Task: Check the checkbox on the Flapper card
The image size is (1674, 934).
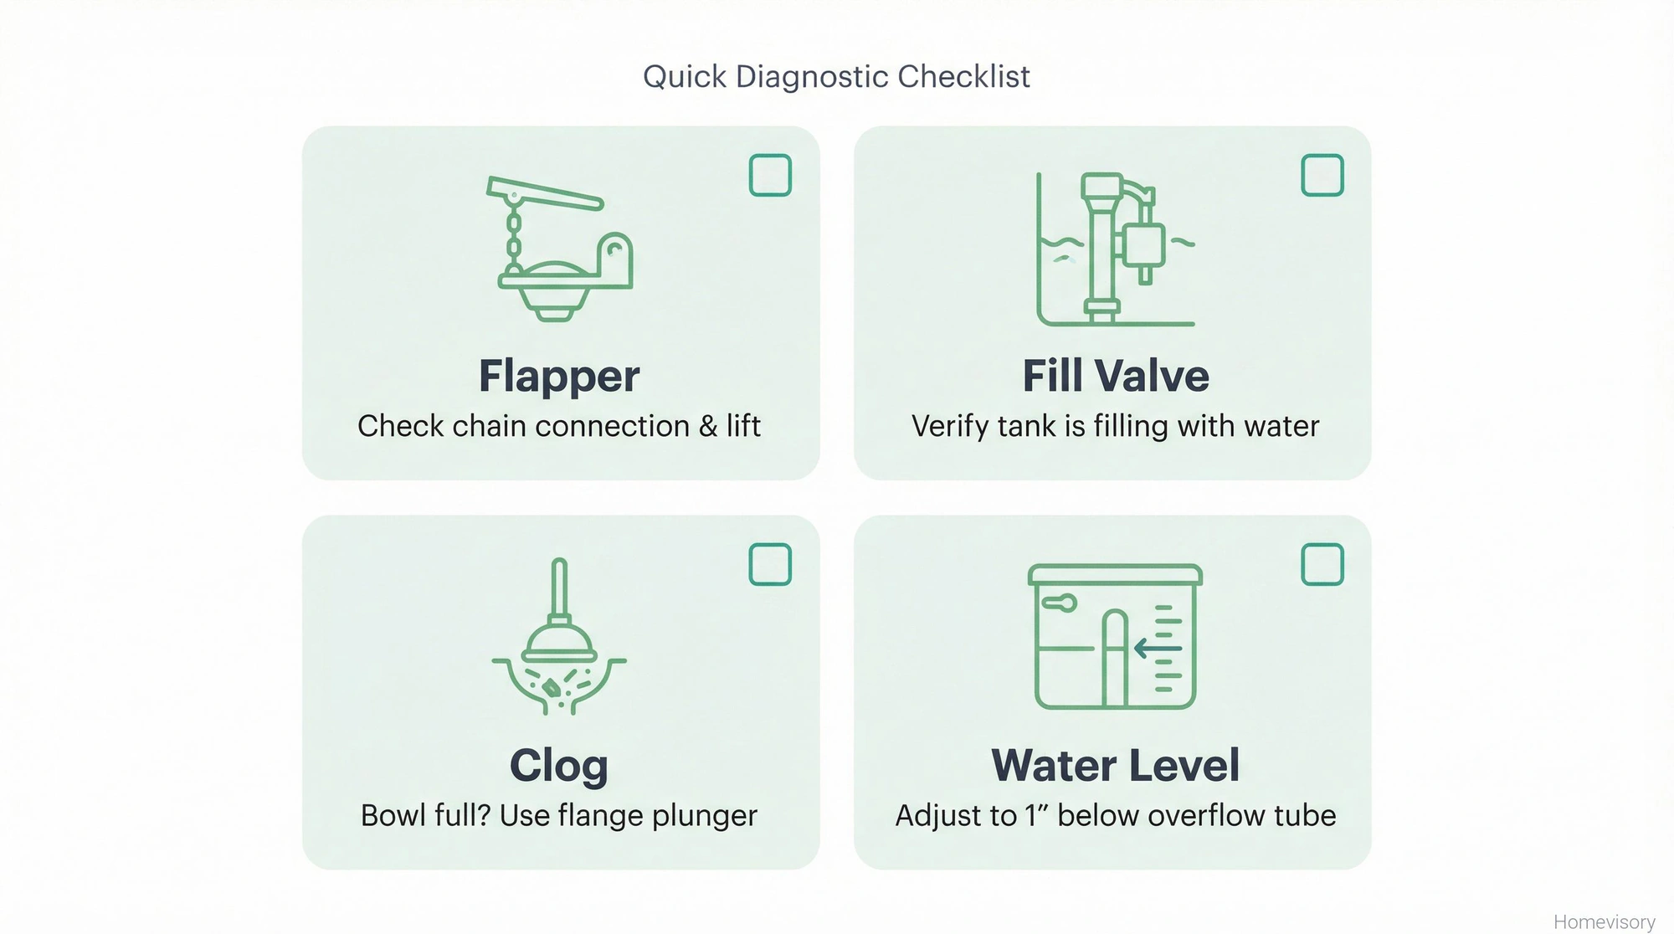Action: pos(770,175)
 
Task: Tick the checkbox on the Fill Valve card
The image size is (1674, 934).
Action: pos(1322,175)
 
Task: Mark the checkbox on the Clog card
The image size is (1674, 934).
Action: pos(770,564)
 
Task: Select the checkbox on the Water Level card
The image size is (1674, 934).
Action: pos(1322,564)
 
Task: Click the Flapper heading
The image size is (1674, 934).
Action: pos(559,376)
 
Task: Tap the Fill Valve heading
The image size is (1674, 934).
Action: pos(1115,376)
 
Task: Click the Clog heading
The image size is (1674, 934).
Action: pos(559,765)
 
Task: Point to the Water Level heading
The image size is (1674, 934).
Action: pos(1115,765)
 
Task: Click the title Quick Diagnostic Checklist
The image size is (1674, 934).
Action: pos(836,76)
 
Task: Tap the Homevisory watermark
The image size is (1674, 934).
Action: pos(1604,921)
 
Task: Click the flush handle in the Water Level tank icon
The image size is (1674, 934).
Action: pos(1059,602)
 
